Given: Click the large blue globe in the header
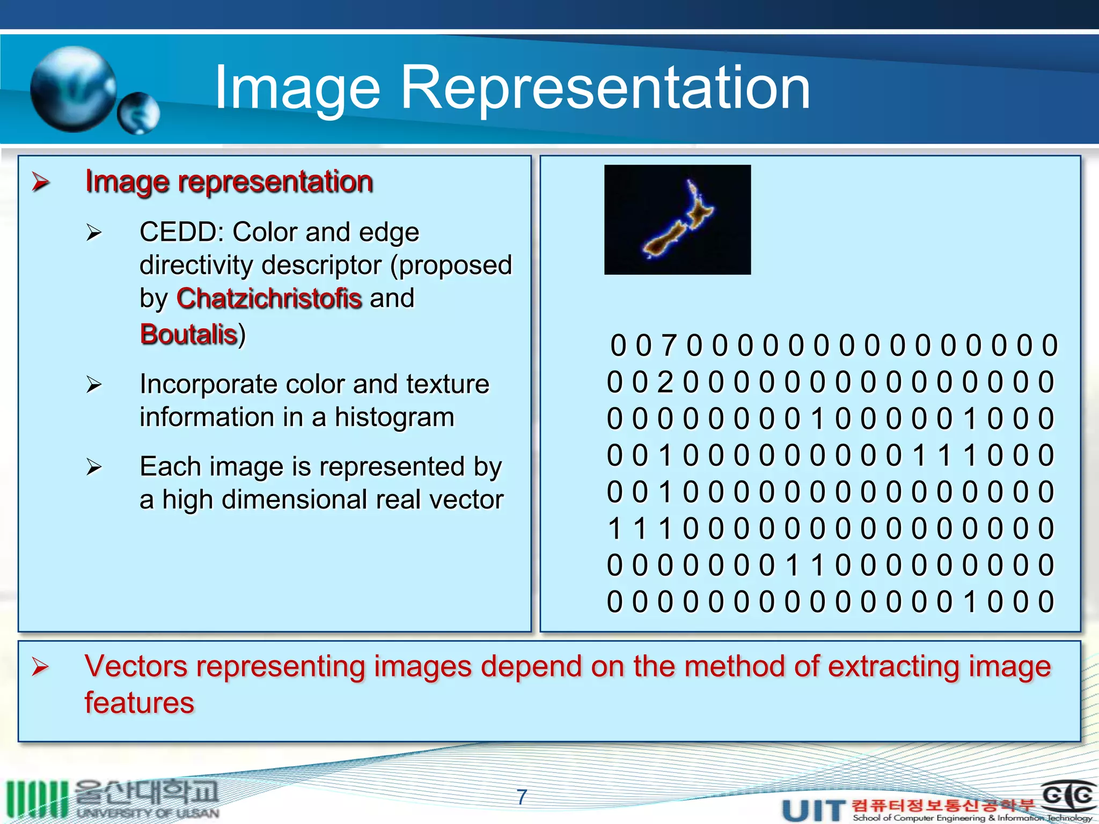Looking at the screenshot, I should (x=74, y=89).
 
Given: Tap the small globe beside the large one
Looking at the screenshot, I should (x=138, y=113).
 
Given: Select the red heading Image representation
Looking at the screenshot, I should (x=229, y=181).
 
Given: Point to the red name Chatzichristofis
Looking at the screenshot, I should (x=269, y=298).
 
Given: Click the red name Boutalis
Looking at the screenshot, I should (x=188, y=334).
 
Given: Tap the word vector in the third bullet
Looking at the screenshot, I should (x=466, y=499).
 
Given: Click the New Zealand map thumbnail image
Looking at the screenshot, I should (x=677, y=220).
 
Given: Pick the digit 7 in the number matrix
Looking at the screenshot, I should (x=669, y=345).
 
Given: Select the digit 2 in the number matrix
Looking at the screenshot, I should (x=665, y=382).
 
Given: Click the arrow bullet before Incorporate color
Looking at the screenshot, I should (x=94, y=384).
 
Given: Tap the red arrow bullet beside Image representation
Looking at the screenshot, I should (x=41, y=182).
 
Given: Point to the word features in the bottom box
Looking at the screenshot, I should (x=140, y=703).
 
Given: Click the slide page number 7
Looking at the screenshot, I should (x=522, y=797).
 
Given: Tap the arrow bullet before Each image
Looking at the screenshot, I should (x=94, y=467).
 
